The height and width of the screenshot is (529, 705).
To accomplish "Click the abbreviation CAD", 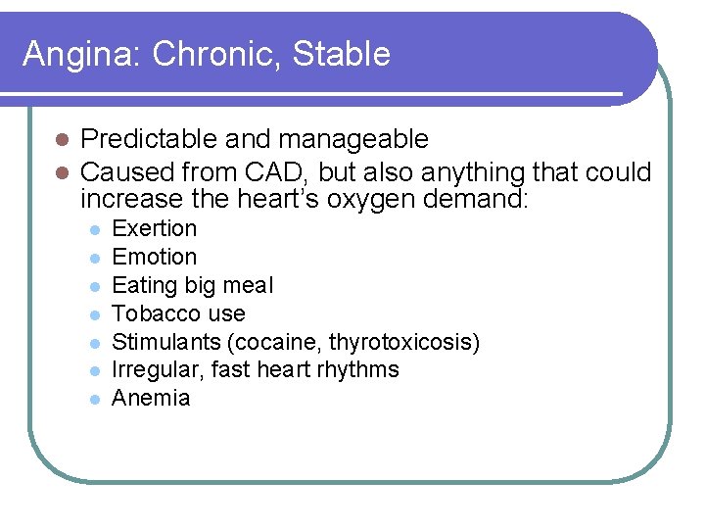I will click(279, 172).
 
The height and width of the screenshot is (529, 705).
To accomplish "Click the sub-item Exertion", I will click(155, 228).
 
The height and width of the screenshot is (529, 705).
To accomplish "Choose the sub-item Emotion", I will click(155, 257).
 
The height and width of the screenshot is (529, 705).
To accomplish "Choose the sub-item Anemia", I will click(151, 398).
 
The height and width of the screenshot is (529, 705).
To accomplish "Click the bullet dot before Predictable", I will click(61, 140).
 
